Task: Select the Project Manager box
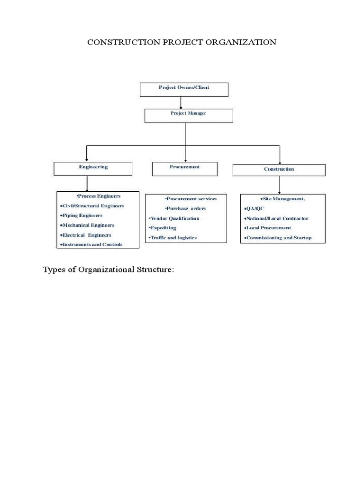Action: [x=188, y=115]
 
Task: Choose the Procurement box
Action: [x=184, y=168]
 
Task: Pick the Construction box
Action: [x=279, y=170]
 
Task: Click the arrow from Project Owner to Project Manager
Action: [x=181, y=103]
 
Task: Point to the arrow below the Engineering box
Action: [x=87, y=183]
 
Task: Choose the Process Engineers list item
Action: [x=98, y=196]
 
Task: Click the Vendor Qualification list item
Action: [x=175, y=218]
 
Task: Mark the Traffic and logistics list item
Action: [x=173, y=237]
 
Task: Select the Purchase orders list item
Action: [x=185, y=209]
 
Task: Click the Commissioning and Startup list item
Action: [x=278, y=237]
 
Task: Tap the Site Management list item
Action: [x=282, y=199]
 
